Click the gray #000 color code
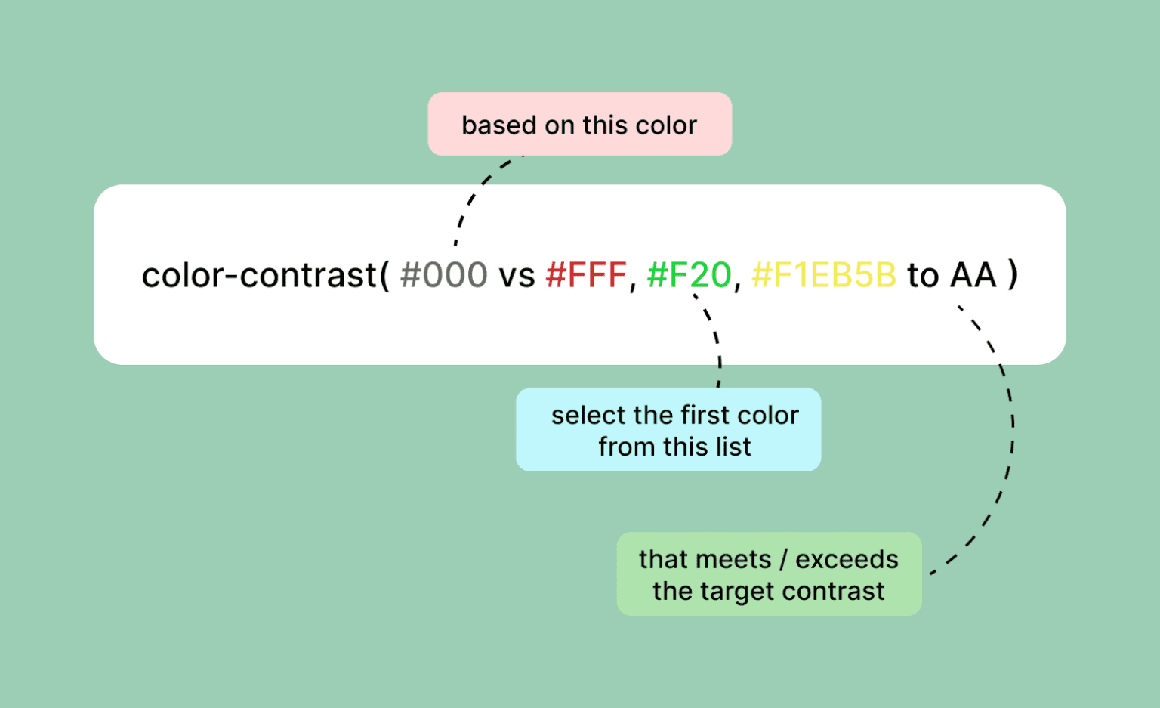coord(443,276)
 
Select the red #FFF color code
coord(586,276)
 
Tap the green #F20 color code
coord(689,276)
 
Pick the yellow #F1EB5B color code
coord(824,276)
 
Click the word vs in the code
coord(517,277)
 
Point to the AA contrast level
coord(973,276)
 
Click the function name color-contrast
coord(259,276)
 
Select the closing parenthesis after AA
coord(1013,276)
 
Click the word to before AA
coord(923,276)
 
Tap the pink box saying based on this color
coord(579,125)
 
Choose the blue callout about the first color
coord(668,430)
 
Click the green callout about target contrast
coord(769,574)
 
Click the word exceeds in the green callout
coord(847,559)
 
